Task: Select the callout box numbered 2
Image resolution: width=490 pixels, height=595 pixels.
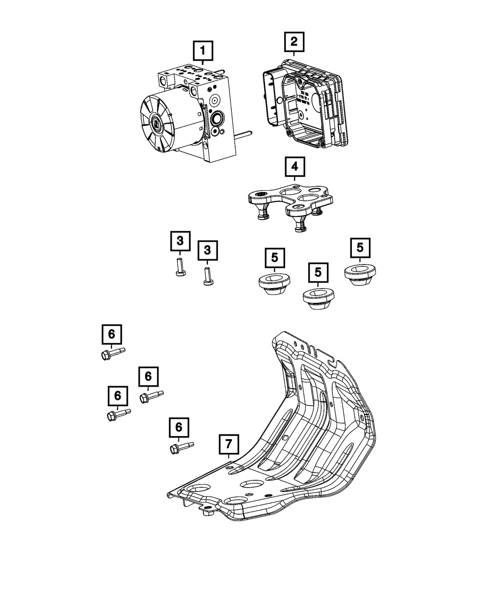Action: point(294,42)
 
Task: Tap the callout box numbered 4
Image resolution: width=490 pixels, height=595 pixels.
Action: point(294,167)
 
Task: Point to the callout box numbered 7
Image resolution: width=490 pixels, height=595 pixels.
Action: point(228,445)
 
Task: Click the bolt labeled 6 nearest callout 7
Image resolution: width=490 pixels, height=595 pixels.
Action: point(181,447)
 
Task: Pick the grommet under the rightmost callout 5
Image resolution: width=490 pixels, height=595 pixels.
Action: point(360,274)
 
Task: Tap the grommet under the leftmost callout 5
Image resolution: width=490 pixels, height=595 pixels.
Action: point(274,286)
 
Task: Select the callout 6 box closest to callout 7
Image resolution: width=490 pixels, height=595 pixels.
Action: point(179,427)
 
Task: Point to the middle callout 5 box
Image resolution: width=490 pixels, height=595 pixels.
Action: point(318,272)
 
